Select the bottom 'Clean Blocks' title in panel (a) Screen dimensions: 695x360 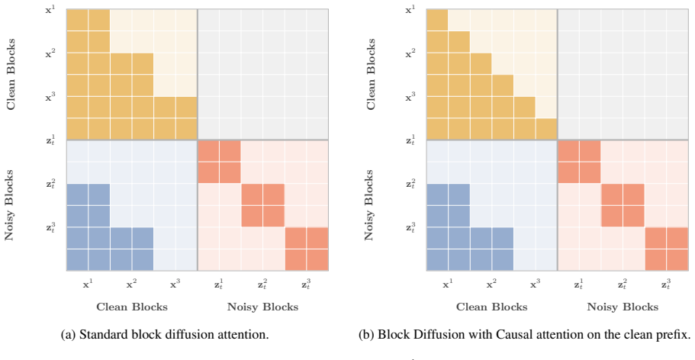coord(132,307)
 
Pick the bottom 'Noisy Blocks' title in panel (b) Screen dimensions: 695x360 coord(623,307)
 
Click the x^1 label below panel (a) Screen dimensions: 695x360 coord(88,284)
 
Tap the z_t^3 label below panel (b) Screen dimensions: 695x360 coord(666,284)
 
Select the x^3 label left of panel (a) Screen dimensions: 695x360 coord(50,96)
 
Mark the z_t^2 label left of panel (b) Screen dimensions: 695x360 coord(410,184)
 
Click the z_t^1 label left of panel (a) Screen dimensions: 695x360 coord(50,140)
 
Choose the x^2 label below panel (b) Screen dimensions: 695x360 coord(491,284)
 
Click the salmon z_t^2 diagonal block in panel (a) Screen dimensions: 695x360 coord(263,205)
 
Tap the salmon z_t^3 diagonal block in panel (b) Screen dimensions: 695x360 coord(666,249)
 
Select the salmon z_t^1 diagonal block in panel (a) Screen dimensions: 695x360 coord(220,162)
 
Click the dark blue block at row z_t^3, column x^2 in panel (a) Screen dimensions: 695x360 coord(132,249)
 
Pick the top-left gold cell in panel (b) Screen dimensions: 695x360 coord(437,20)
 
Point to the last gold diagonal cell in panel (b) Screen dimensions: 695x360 coord(546,129)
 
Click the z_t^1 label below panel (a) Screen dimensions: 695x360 coord(220,284)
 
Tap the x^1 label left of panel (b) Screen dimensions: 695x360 coord(410,9)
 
